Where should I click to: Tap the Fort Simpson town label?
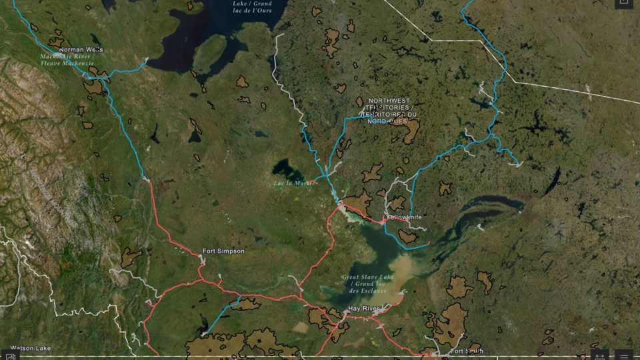(x=223, y=251)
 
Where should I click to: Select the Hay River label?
(x=364, y=309)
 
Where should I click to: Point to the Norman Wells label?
(x=81, y=49)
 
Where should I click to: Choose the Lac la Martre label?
(x=294, y=183)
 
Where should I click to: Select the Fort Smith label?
(x=466, y=351)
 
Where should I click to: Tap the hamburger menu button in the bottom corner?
(x=624, y=354)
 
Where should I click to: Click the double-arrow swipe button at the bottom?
(x=600, y=354)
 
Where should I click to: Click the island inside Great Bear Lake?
(x=210, y=50)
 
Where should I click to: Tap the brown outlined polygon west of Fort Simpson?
(x=131, y=257)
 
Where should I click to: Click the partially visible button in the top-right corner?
(x=624, y=3)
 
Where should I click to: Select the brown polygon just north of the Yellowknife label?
(x=396, y=203)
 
